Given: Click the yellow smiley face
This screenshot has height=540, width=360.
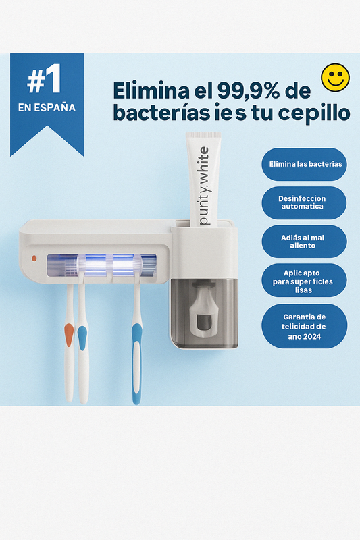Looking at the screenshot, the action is coord(335,78).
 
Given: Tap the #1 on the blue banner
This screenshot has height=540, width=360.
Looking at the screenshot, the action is coord(45,80).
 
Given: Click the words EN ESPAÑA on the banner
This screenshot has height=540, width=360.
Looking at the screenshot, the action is coord(47,107).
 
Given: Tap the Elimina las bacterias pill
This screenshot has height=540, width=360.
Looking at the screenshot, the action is coord(304,164).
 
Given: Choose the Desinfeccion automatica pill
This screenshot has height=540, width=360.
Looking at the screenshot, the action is coord(304,203).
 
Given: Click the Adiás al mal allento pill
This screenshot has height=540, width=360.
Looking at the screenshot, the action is coord(304,242).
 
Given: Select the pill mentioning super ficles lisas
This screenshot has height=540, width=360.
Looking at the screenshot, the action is coord(304,280).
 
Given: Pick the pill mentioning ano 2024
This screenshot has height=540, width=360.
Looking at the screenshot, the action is coord(304,326).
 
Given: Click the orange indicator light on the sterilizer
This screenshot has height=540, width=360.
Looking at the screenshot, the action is coord(34,258).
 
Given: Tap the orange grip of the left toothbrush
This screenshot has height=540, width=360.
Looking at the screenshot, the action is coord(69,335).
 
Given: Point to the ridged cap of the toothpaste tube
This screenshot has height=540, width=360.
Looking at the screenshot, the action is coord(203,135).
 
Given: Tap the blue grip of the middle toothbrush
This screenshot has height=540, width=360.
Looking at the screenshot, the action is coord(82,338).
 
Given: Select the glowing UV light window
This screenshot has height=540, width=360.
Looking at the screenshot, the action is coord(101,265).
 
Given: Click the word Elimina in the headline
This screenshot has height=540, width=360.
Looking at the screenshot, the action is coord(151,90).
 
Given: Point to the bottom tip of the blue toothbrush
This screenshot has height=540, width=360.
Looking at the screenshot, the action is coord(136,402).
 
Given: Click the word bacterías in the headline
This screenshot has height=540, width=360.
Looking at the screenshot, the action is coord(161,113).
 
